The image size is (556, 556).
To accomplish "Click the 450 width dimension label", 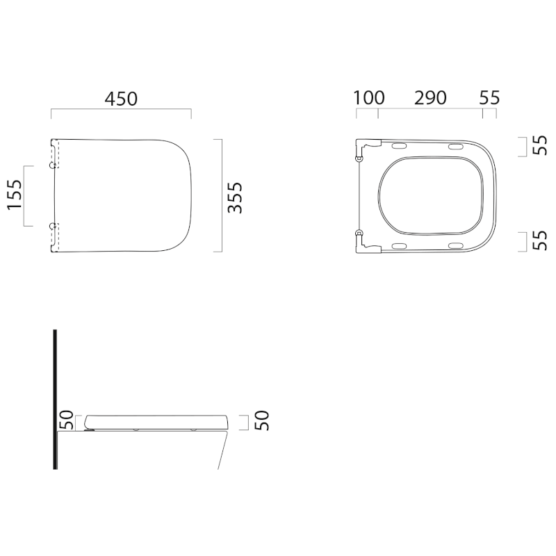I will pos(121,99).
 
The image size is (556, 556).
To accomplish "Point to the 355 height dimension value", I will pos(236,197).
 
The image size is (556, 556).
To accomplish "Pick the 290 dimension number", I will pos(430,98).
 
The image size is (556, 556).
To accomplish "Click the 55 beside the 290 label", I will pos(489,98).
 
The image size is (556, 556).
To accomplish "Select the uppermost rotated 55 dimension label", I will pos(540,145).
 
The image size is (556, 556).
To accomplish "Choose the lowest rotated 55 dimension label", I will pos(540,240).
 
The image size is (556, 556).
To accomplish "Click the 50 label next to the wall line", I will pos(66,420).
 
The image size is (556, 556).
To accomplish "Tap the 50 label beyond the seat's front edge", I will pos(263,420).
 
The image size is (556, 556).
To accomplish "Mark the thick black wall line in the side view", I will pos(55,399).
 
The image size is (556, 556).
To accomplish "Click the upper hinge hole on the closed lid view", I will pos(53,166).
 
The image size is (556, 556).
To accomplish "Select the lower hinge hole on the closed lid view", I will pos(53,225).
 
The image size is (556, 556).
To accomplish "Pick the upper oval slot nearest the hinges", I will pos(400,147).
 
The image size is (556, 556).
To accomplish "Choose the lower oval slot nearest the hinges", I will pos(400,245).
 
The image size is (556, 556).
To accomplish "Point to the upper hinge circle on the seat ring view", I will pos(359,160).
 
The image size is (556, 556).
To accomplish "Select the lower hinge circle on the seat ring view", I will pos(359,232).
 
